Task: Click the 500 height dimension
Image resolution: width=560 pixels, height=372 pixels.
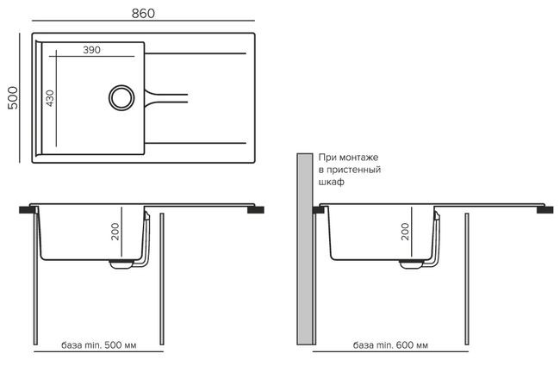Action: click(12, 96)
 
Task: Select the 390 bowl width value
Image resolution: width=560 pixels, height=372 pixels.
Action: click(92, 50)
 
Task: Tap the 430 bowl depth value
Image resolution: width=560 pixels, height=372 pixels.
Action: click(51, 96)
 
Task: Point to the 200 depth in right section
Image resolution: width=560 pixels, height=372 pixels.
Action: click(405, 231)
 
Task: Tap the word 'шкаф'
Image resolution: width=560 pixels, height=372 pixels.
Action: click(331, 183)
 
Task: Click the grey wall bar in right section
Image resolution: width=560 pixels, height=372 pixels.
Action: click(305, 258)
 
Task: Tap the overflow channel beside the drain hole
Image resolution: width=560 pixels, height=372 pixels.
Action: click(164, 94)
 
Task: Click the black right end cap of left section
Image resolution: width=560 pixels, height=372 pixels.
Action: click(257, 208)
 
